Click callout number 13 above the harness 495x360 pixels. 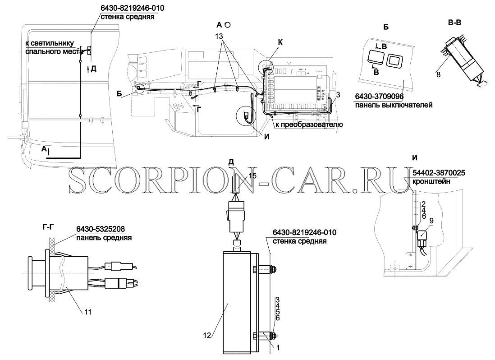(x=219, y=36)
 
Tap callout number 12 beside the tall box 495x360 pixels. (x=207, y=335)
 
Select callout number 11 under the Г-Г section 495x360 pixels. (x=88, y=312)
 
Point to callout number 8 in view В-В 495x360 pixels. (x=438, y=75)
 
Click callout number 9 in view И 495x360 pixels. (x=431, y=221)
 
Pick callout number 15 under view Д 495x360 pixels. (x=252, y=176)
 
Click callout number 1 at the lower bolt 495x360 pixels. (x=278, y=348)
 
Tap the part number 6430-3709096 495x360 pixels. (x=379, y=97)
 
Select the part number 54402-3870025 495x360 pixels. (x=439, y=173)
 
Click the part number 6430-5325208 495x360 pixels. (x=101, y=229)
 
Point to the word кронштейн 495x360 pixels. (x=431, y=181)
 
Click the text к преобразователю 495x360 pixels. (x=309, y=125)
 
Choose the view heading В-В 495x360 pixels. (x=454, y=23)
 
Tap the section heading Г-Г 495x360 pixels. (x=48, y=226)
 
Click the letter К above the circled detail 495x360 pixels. (x=280, y=42)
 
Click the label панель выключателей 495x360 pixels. (x=394, y=105)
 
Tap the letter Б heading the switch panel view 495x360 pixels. (x=386, y=27)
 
